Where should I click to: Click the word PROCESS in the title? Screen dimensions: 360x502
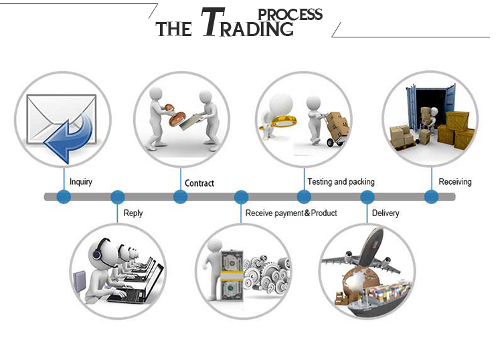tap(290, 13)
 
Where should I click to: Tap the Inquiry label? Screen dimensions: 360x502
tap(81, 181)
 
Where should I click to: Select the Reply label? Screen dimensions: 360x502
tap(133, 213)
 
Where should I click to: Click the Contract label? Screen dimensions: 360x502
tap(199, 183)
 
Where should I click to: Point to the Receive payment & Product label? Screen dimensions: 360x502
tap(291, 213)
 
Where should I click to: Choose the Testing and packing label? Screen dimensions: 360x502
tap(341, 181)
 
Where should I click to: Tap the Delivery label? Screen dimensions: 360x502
tap(386, 213)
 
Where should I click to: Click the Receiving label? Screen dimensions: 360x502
tap(455, 181)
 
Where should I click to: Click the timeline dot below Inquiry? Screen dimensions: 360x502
tap(64, 197)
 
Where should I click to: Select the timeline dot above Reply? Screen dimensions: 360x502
tap(118, 197)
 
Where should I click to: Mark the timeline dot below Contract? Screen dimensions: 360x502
tap(180, 197)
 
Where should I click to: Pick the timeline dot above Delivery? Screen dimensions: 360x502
tap(367, 197)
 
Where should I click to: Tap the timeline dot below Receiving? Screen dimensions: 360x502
tap(432, 197)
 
